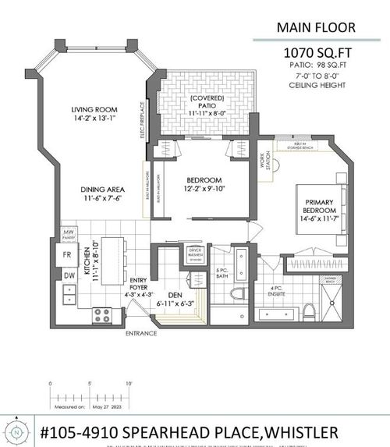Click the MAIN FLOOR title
315,28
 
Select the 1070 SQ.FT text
315,53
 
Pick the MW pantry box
69,234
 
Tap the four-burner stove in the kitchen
103,314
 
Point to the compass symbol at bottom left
16,431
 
